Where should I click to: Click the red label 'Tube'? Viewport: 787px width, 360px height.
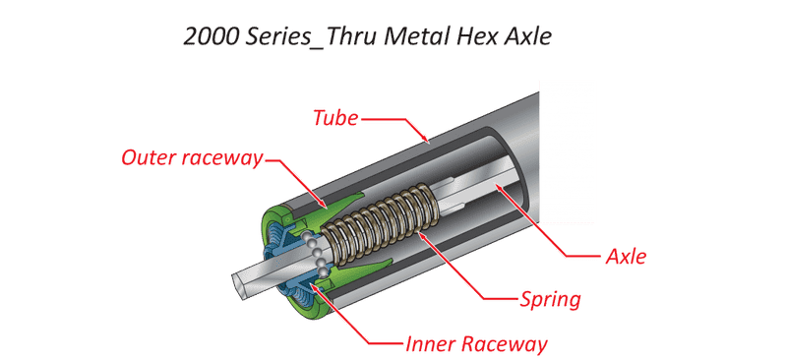335,118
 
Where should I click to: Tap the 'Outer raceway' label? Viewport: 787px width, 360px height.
192,157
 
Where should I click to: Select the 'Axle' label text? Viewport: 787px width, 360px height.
626,257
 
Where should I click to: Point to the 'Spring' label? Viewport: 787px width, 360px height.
550,300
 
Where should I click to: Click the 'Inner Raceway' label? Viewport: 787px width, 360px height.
476,345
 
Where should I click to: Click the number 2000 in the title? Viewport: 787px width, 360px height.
212,36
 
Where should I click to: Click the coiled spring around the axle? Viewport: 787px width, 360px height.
383,218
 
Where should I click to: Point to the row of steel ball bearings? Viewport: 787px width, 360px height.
316,254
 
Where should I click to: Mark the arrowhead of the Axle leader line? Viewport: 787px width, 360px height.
498,188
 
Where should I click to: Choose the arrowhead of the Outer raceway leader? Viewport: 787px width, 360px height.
324,206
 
